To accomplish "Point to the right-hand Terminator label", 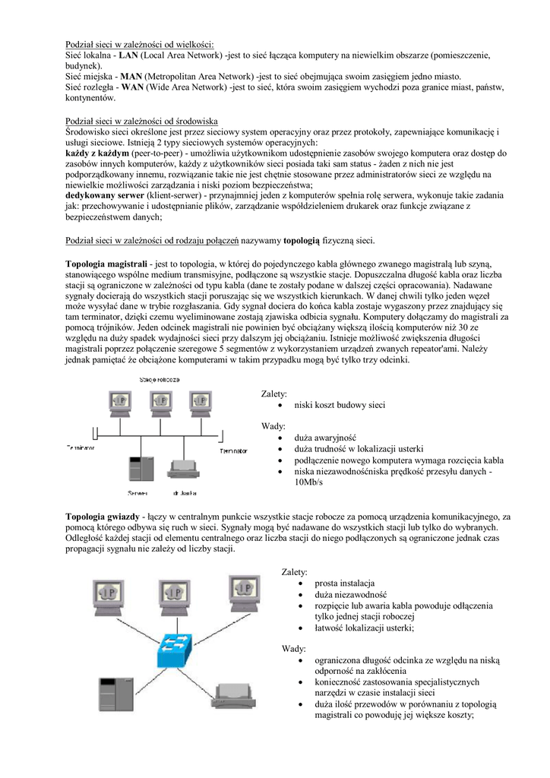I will tap(234, 451).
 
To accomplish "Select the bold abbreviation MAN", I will tap(132, 77).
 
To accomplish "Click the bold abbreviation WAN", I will tap(133, 87).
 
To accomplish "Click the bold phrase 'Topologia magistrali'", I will tap(106, 263).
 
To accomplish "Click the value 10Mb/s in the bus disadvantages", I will tap(308, 482).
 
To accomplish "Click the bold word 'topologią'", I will tap(308, 241).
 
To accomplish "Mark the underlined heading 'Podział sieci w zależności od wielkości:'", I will tap(140, 45).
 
